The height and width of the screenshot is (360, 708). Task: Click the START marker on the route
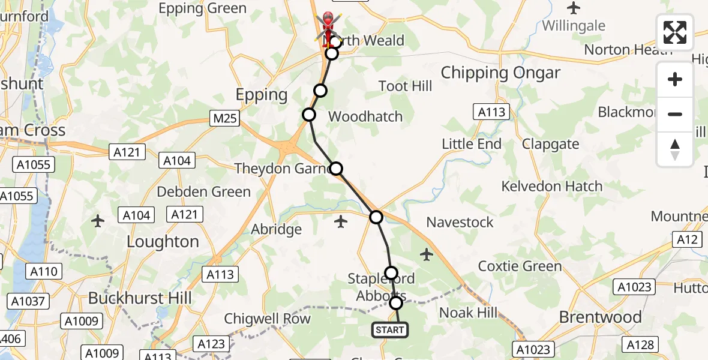pos(390,330)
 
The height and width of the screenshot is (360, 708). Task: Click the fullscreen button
pos(675,32)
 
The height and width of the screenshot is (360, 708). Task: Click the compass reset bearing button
pos(675,149)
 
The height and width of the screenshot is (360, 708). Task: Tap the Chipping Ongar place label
pos(500,73)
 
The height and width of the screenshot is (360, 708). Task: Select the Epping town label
pos(262,95)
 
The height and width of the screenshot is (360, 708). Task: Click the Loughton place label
pos(163,242)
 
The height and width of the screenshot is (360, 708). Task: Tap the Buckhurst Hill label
pos(140,298)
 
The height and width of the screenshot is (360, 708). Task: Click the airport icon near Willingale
pos(574,8)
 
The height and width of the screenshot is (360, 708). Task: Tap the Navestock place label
pos(460,222)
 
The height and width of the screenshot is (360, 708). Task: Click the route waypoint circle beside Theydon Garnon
pos(337,169)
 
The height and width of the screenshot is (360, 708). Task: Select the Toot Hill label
pos(406,86)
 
